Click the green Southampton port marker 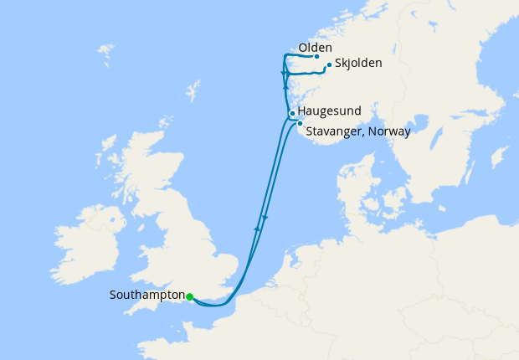pos(190,296)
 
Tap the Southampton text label pos(146,296)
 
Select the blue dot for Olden pos(316,57)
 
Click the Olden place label pos(315,48)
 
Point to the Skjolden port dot pos(329,65)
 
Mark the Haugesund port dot pos(291,113)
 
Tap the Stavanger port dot pos(300,123)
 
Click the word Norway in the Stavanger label pos(388,131)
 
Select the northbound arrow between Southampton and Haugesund pos(257,228)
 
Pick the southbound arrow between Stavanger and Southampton pos(265,219)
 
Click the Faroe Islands pos(106,55)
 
